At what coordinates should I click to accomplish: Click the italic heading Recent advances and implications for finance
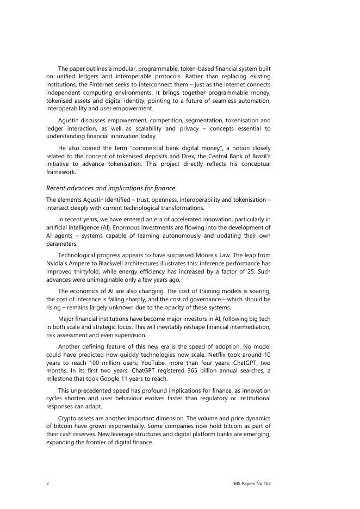click(x=110, y=188)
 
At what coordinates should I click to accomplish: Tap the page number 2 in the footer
click(x=48, y=483)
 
